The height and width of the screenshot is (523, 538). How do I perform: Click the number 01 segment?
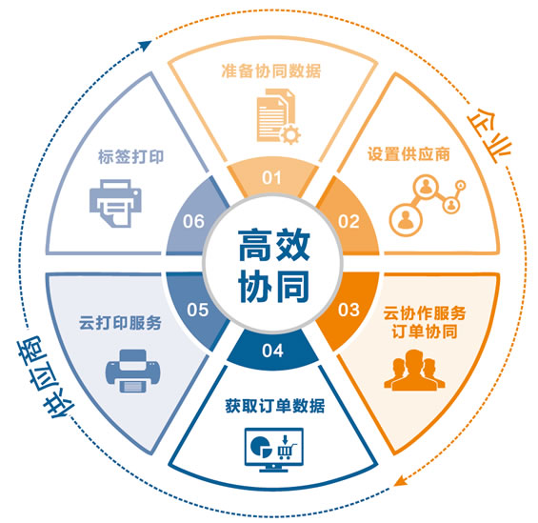[x=271, y=178]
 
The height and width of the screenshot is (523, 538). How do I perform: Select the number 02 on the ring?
[x=349, y=221]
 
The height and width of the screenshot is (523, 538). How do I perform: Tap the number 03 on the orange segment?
[x=349, y=310]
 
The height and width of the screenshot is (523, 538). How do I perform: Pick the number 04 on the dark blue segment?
[x=272, y=351]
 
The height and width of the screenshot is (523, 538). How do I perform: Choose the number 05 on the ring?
[x=198, y=310]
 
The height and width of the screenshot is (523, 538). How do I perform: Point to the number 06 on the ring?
[x=193, y=221]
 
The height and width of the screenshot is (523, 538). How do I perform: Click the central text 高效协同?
[x=274, y=265]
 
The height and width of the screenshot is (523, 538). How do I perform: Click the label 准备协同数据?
[x=271, y=71]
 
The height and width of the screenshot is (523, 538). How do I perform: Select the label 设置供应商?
[x=408, y=154]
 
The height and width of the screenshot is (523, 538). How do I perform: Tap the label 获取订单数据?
[x=275, y=406]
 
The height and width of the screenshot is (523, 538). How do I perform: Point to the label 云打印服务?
[x=120, y=323]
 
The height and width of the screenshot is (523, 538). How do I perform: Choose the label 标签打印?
[x=131, y=157]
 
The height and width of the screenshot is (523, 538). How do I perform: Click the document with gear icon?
[x=279, y=116]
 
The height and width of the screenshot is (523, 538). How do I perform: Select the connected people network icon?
[x=428, y=205]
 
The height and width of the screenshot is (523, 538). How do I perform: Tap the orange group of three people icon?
[x=414, y=370]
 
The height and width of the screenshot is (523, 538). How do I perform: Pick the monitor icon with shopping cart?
[x=274, y=450]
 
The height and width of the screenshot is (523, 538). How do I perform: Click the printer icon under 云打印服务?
[x=132, y=371]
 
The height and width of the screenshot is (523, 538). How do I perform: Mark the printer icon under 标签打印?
[x=115, y=203]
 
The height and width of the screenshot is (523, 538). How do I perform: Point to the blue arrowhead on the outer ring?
[x=146, y=45]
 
